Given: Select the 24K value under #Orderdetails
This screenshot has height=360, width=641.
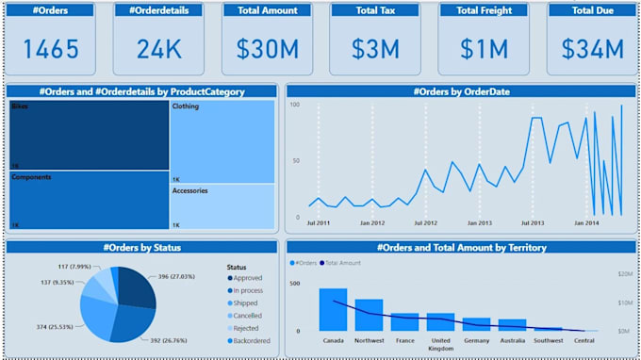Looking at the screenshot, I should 158,49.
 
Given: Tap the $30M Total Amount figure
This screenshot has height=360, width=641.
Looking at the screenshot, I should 267,49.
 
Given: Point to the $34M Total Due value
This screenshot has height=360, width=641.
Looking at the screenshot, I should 586,49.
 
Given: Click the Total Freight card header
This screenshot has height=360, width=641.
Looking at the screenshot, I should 478,10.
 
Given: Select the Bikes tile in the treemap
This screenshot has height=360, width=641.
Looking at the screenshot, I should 90,136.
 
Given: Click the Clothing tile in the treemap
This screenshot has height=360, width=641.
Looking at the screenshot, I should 222,137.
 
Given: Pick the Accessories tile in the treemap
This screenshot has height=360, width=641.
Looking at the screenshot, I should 222,206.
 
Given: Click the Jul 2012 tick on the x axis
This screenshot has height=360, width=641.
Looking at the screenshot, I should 426,223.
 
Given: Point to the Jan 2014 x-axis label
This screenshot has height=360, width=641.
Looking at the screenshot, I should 586,223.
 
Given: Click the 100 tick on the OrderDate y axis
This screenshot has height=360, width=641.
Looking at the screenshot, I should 294,105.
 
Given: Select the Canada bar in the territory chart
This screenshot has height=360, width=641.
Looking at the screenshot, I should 333,309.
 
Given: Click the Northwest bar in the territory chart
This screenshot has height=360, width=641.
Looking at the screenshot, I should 369,314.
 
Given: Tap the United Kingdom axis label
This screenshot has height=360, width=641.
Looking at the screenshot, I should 440,344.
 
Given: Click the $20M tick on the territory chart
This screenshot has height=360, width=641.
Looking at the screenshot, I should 623,273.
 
